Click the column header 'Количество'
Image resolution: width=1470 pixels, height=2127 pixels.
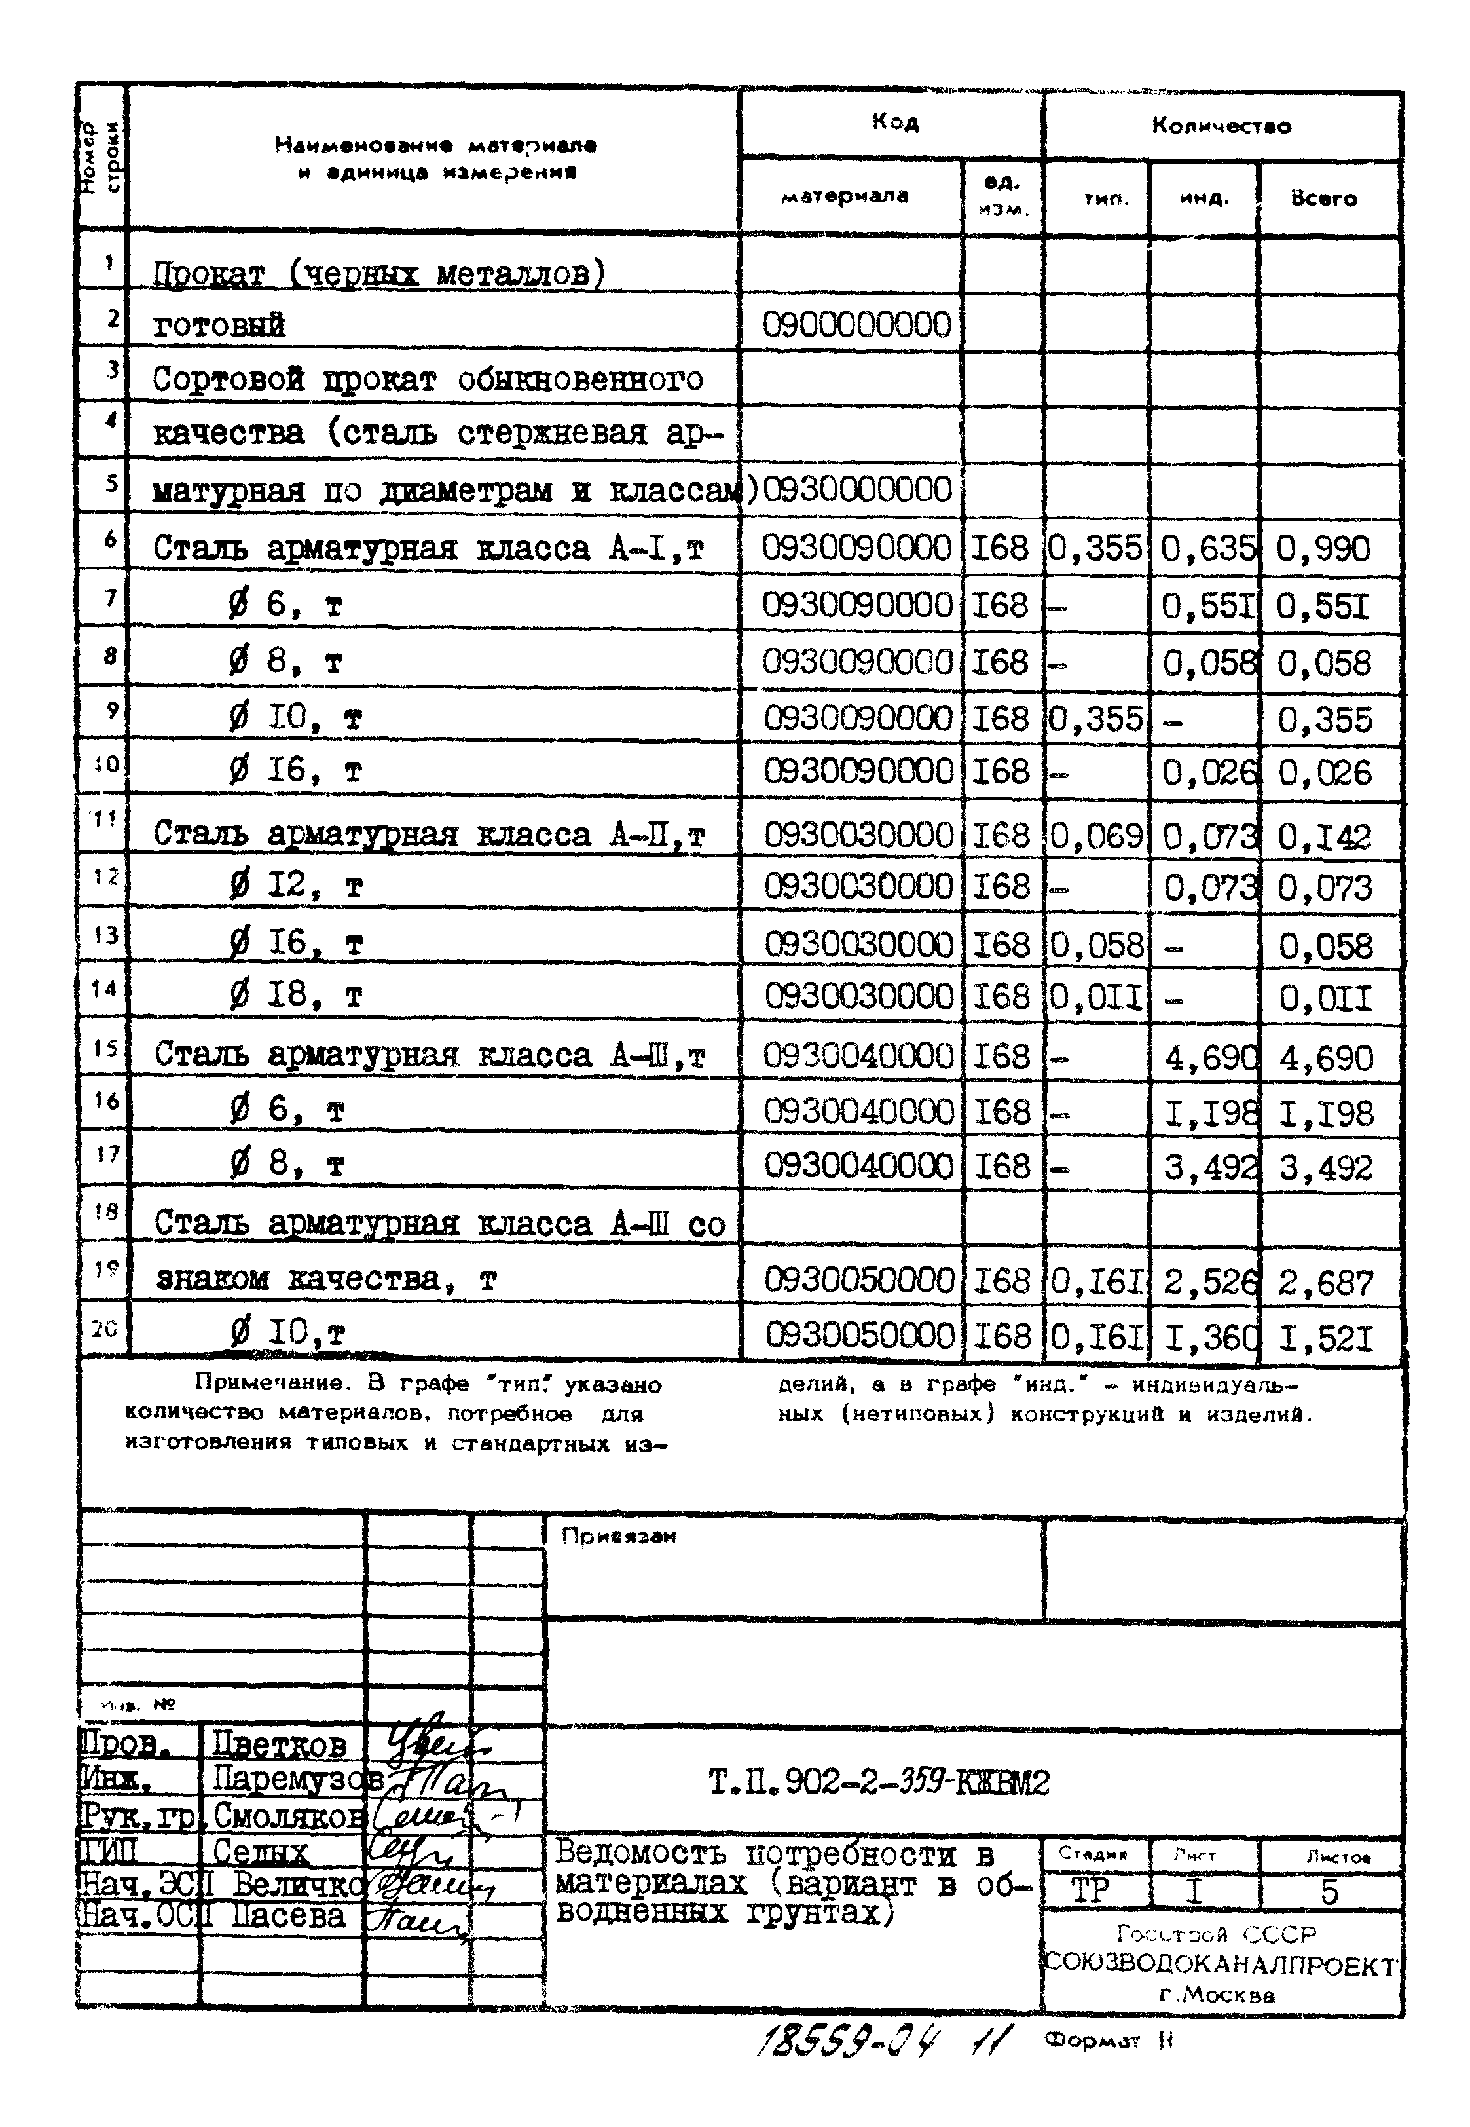coord(1221,126)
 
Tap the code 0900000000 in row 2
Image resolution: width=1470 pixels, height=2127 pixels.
coord(856,325)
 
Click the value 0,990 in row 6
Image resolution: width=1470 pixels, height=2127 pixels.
coord(1323,549)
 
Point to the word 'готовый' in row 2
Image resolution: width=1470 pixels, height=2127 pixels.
coord(219,325)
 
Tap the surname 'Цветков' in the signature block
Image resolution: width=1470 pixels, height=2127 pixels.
coord(279,1744)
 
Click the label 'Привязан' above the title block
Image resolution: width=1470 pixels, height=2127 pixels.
coord(619,1535)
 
